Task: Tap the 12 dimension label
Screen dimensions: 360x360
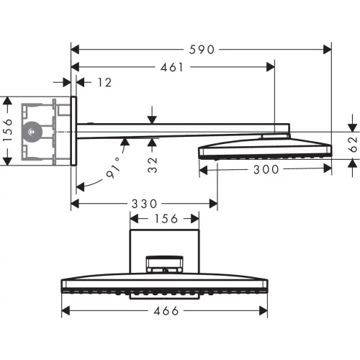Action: pos(104,83)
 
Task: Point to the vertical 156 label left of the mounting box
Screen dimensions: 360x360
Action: pos(8,131)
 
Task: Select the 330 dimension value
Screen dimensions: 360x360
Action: pos(144,204)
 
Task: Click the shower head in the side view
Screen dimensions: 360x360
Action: pos(264,150)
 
